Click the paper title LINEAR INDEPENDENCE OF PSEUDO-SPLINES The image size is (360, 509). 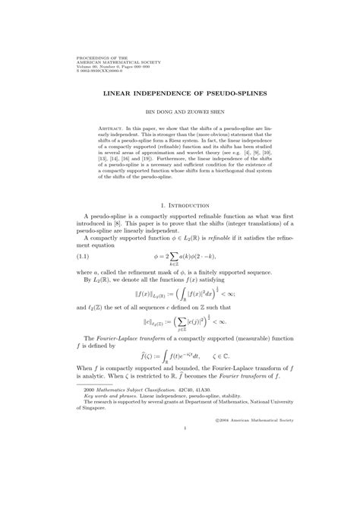(180, 96)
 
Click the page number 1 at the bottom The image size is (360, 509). (180, 473)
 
